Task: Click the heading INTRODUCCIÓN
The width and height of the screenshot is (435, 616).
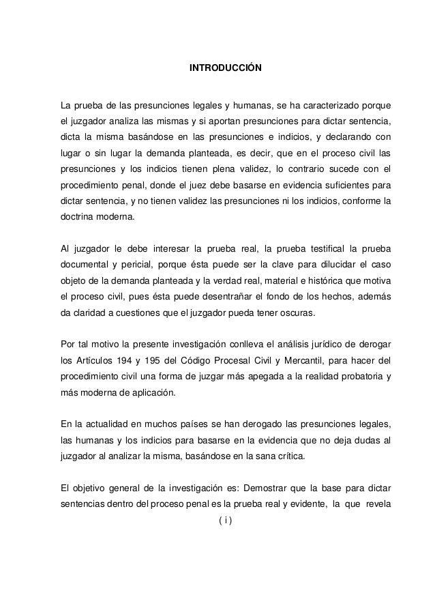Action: [x=224, y=70]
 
